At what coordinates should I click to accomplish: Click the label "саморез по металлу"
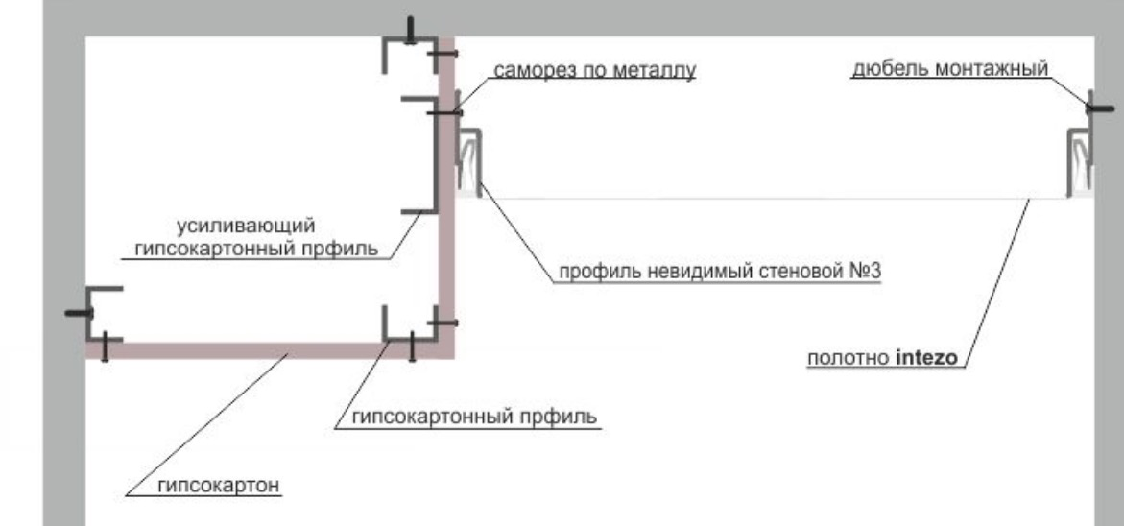594,70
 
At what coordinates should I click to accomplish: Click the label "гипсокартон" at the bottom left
220,486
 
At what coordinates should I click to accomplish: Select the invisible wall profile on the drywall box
468,161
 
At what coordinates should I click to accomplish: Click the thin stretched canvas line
768,198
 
